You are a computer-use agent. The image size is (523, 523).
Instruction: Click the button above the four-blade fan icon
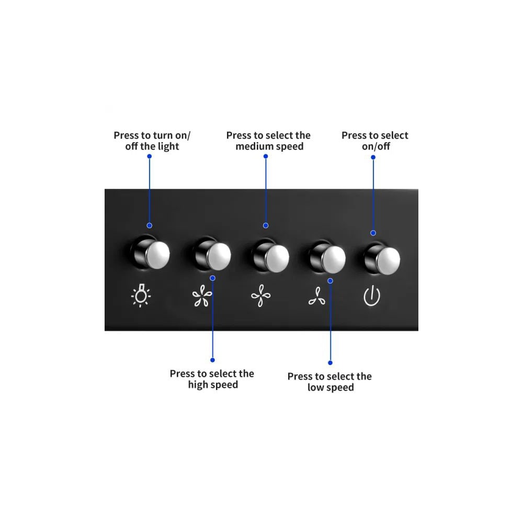coord(271,256)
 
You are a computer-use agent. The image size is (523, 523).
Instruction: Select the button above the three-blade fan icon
coord(327,257)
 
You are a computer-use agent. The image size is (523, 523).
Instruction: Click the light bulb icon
coord(141,295)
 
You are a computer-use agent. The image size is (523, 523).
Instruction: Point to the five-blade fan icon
coord(202,295)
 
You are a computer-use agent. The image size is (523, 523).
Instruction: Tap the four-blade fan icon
coord(261,295)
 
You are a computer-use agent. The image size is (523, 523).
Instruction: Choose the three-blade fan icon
coord(317,296)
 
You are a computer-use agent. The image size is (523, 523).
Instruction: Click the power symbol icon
coord(371,295)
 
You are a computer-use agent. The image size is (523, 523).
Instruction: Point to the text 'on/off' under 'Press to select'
coord(376,146)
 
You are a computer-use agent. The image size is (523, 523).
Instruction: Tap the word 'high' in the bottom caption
coord(198,385)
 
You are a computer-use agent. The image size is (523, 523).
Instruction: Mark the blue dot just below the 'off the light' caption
coord(150,156)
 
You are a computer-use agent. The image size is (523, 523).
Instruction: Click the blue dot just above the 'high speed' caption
coord(212,360)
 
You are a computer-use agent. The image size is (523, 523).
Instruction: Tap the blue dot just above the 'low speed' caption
coord(330,362)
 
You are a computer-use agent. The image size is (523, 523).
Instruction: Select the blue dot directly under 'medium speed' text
coord(266,156)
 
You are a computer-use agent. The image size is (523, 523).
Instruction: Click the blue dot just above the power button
coord(373,233)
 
